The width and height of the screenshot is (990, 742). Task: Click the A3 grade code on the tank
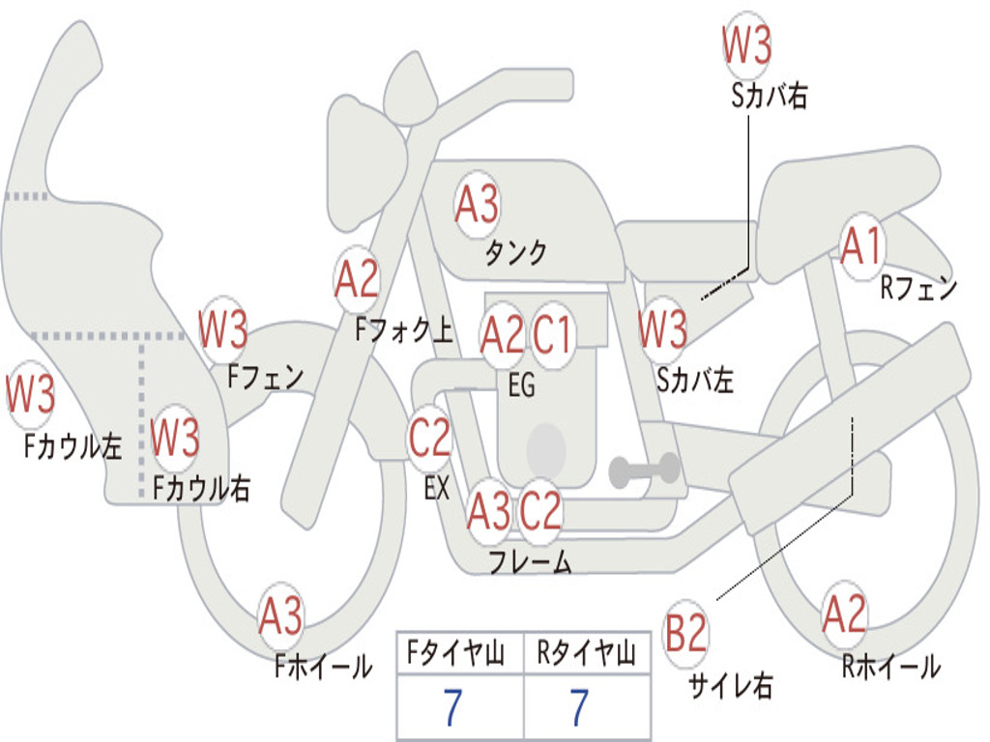(477, 204)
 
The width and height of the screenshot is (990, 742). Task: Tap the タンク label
(516, 253)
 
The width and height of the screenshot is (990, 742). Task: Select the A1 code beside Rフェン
(861, 247)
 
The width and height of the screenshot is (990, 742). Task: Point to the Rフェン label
(917, 288)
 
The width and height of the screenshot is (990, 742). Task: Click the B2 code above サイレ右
(686, 635)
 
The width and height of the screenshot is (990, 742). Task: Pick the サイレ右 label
(731, 686)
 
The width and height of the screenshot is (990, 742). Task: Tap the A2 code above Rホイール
(844, 614)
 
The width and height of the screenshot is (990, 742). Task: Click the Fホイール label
(323, 667)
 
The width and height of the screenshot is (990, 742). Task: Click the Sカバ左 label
(695, 380)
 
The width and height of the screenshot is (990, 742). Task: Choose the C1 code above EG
(553, 334)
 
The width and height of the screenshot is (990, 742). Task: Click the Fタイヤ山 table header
(459, 655)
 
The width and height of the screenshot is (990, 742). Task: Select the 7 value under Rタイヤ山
(580, 708)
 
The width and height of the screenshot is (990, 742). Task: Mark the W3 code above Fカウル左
(31, 395)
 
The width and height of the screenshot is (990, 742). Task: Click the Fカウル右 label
(202, 489)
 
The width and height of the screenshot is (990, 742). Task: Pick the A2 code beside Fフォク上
(356, 281)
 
